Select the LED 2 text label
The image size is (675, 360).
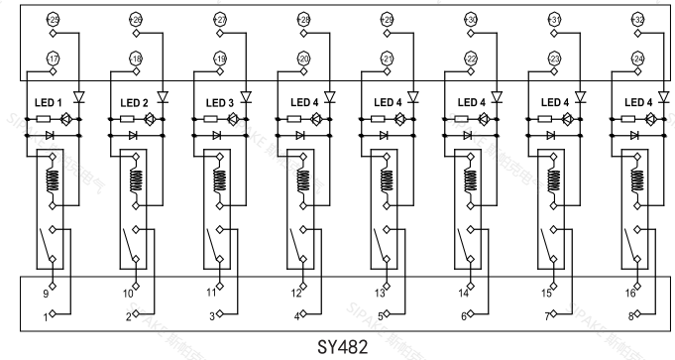134,102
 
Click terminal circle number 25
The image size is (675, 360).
54,19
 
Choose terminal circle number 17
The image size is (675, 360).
54,60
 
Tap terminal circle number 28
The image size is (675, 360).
303,19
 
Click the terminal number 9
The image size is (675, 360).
46,294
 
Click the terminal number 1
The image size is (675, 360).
46,315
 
